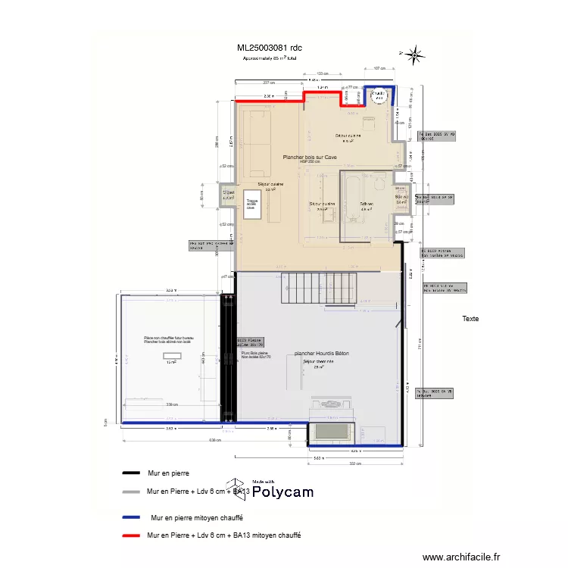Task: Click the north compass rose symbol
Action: tap(414, 54)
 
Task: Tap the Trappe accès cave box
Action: tap(251, 204)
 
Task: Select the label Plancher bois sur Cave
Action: tap(310, 158)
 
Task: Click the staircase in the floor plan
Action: tap(319, 288)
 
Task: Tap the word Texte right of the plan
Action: tap(470, 319)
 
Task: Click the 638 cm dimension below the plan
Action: tap(215, 439)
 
